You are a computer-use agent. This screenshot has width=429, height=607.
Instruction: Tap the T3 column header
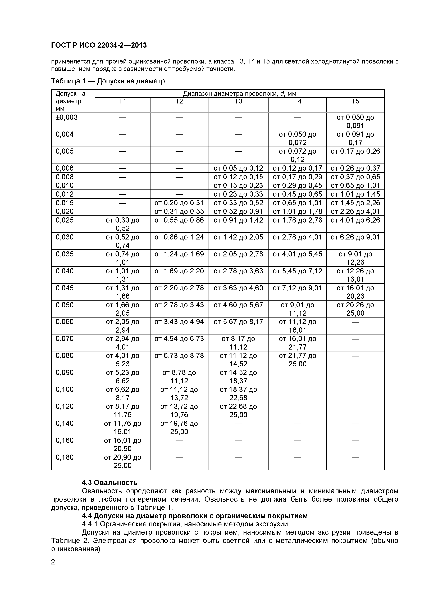(238, 102)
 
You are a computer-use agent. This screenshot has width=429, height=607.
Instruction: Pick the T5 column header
(355, 102)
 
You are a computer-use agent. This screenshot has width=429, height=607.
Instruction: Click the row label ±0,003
(67, 117)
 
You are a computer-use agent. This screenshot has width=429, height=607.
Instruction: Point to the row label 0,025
(65, 220)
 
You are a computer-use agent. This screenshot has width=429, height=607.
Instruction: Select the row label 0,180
(65, 457)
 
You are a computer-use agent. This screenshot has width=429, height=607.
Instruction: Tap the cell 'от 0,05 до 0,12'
(238, 168)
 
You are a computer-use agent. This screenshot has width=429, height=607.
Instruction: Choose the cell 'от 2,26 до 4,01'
(355, 211)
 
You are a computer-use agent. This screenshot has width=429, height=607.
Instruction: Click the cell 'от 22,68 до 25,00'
(238, 411)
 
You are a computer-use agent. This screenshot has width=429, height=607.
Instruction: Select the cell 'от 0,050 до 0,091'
(355, 121)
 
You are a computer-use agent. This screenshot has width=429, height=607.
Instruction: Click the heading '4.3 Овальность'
(109, 483)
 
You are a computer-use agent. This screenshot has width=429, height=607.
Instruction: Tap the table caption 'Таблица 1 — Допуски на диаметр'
(108, 81)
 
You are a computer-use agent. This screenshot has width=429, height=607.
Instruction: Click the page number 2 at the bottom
(53, 562)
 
